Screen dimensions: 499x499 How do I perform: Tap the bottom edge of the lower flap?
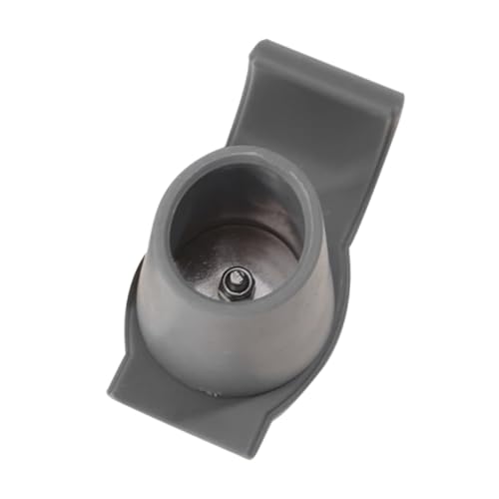[x=190, y=419]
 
